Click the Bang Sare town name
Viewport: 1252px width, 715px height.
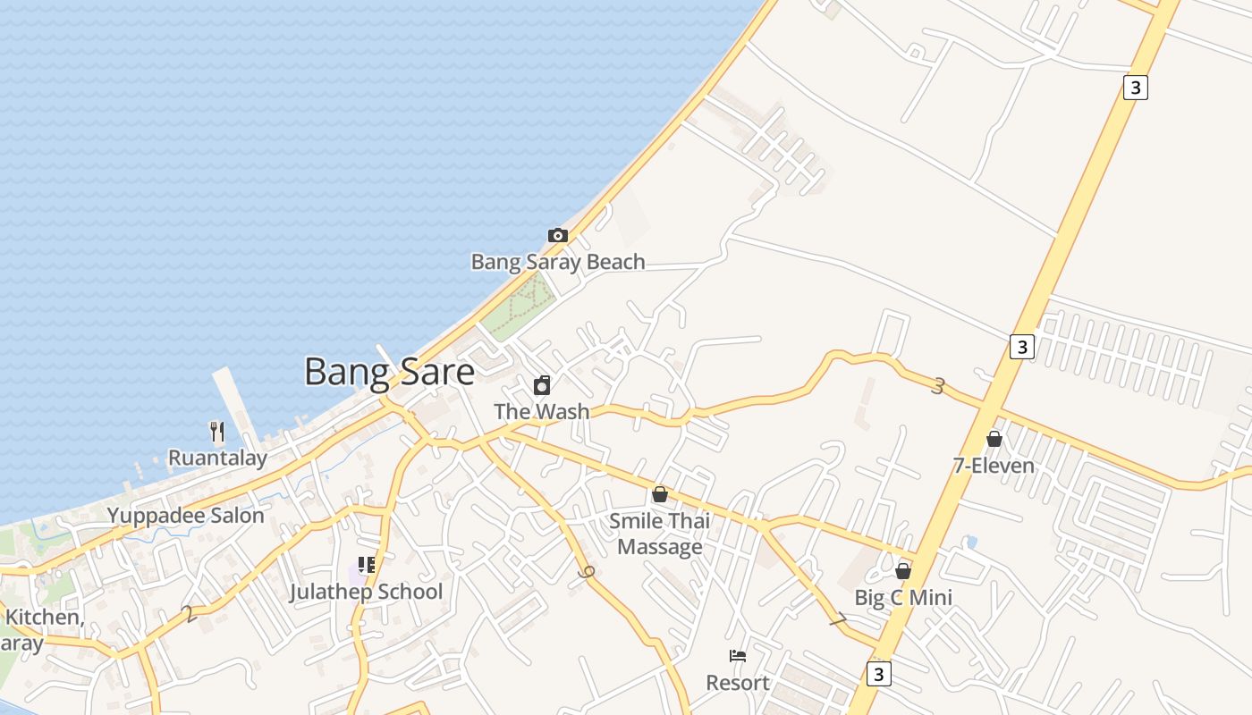[x=389, y=371]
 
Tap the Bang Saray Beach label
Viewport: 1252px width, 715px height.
[x=558, y=262]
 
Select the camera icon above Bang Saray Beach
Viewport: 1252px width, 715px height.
[x=558, y=235]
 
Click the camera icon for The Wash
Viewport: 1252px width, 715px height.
[x=542, y=385]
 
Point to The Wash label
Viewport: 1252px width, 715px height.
[x=542, y=411]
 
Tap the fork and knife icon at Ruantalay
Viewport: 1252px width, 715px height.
[x=216, y=432]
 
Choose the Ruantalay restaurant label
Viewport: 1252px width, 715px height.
[x=217, y=458]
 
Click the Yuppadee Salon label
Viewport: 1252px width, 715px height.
[x=186, y=516]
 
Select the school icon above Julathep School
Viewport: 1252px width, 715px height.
[x=366, y=564]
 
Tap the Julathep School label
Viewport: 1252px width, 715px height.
[x=366, y=592]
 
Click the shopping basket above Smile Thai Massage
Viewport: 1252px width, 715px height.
[x=660, y=493]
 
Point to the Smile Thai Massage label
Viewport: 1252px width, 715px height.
[x=660, y=534]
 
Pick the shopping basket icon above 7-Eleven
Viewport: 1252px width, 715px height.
[x=994, y=439]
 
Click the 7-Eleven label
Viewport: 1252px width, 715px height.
[x=994, y=466]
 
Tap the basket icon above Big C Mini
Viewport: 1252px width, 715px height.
[x=903, y=570]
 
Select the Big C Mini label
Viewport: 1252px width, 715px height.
[x=903, y=597]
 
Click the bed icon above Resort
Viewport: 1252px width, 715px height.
[x=738, y=656]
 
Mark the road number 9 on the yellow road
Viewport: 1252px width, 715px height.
[x=587, y=572]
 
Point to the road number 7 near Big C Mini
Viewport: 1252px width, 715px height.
[x=837, y=619]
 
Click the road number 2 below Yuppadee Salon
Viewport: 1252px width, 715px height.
[x=188, y=614]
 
